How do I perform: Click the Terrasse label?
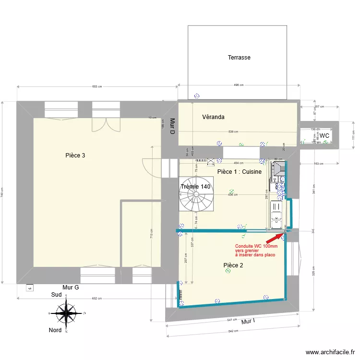239,58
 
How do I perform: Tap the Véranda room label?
213,117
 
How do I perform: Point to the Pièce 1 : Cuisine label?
239,172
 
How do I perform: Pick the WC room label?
324,136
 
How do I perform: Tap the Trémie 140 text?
195,187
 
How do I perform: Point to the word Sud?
57,296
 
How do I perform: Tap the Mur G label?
71,287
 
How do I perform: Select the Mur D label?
172,126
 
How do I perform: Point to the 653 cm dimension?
97,87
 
